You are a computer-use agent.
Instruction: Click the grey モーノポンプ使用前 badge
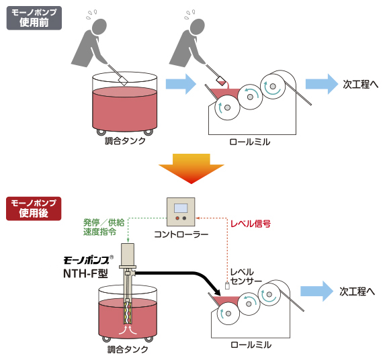pyautogui.click(x=34, y=18)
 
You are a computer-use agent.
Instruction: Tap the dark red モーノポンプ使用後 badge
pyautogui.click(x=34, y=209)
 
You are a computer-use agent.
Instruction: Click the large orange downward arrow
pyautogui.click(x=191, y=169)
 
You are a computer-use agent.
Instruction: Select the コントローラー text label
pyautogui.click(x=181, y=234)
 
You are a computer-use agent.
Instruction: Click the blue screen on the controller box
pyautogui.click(x=181, y=208)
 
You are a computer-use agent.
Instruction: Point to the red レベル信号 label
pyautogui.click(x=251, y=224)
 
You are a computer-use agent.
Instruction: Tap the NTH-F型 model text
pyautogui.click(x=85, y=273)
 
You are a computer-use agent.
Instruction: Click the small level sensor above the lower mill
pyautogui.click(x=227, y=286)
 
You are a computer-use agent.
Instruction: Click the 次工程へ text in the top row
pyautogui.click(x=360, y=85)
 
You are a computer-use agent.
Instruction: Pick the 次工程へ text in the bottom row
pyautogui.click(x=357, y=291)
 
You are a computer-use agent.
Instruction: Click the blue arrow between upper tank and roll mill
pyautogui.click(x=181, y=84)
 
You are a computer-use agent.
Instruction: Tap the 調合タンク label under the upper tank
pyautogui.click(x=125, y=141)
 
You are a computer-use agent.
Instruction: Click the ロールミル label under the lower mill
pyautogui.click(x=251, y=345)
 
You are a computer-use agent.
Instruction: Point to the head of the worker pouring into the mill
pyautogui.click(x=197, y=26)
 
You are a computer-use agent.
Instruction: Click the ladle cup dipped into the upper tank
pyautogui.click(x=123, y=81)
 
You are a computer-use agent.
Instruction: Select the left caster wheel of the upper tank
pyautogui.click(x=101, y=132)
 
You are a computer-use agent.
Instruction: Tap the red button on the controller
pyautogui.click(x=177, y=218)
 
